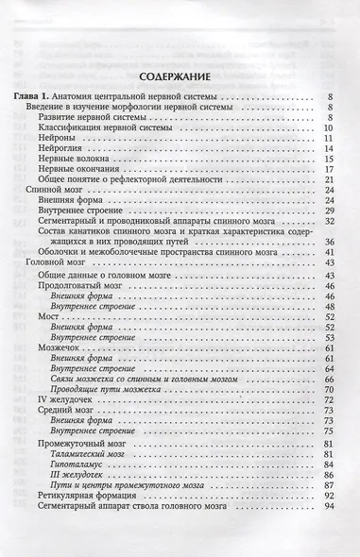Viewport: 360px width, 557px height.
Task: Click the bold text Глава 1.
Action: [x=33, y=97]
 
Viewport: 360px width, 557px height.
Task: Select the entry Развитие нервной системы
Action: [x=93, y=117]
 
